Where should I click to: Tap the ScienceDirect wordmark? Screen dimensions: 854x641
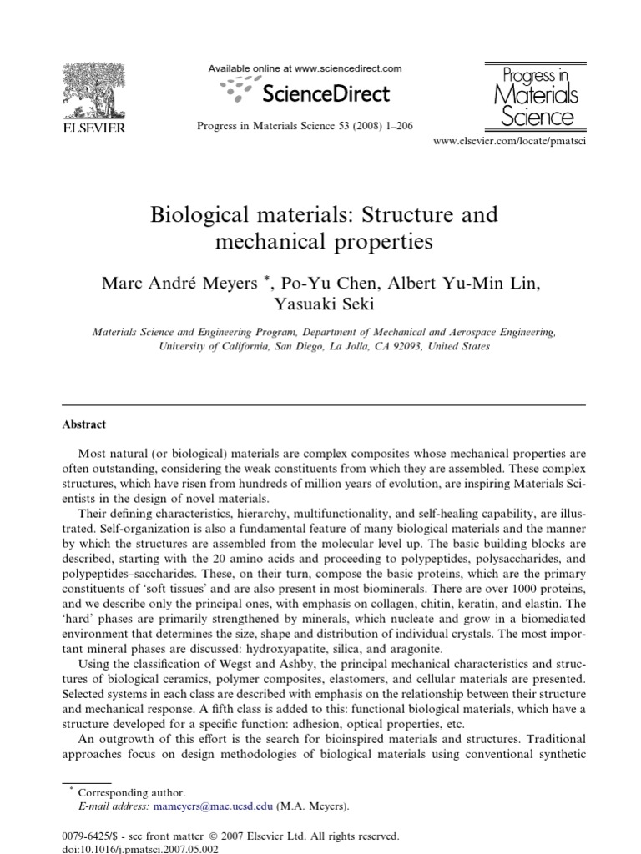326,93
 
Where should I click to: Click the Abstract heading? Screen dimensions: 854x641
84,424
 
